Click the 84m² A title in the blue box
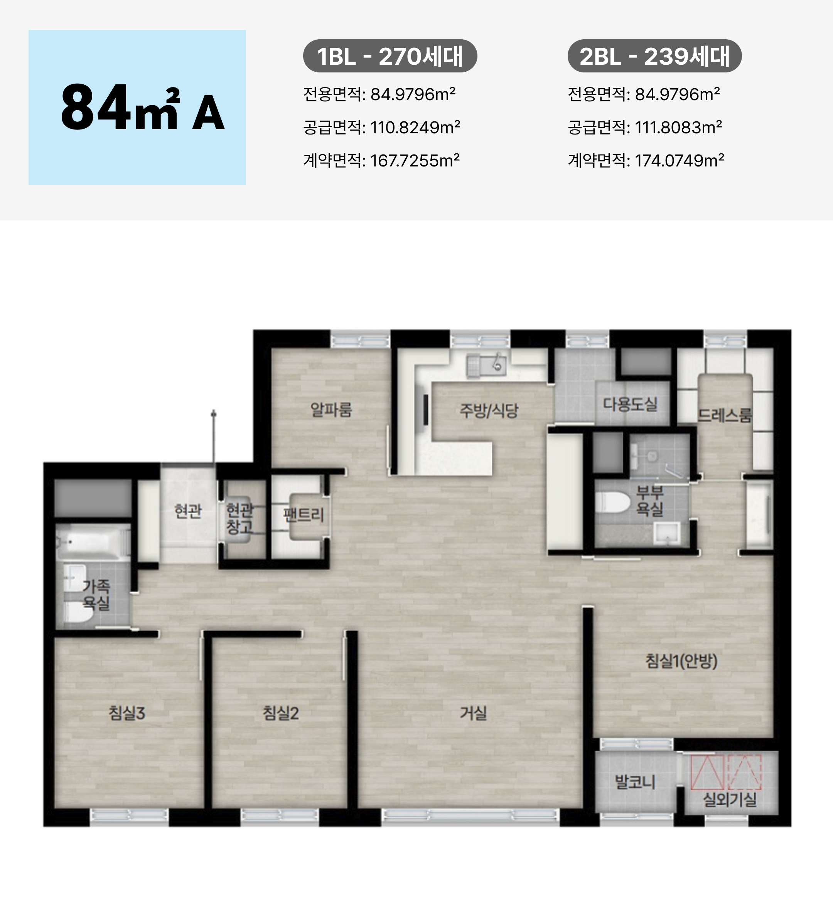coord(142,108)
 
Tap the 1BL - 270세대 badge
coord(390,56)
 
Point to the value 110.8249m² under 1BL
coord(415,128)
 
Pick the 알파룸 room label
coord(331,409)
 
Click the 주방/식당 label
coord(489,410)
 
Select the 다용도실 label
coord(630,403)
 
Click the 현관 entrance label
coord(188,511)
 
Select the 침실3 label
coord(126,713)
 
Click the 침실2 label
coord(281,713)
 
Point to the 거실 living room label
coord(473,713)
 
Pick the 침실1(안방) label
coord(681,661)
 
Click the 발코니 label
coord(635,781)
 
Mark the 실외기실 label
coord(730,799)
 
